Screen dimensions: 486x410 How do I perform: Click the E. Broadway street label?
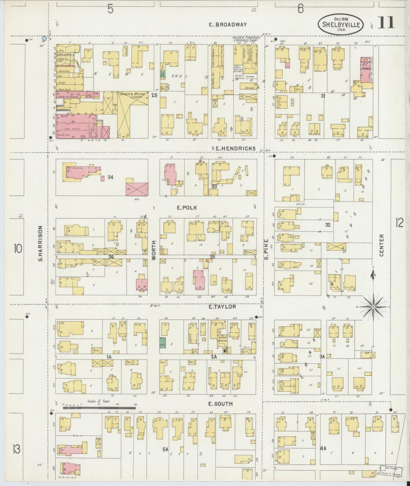[x=228, y=25]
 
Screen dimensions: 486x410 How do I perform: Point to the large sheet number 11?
[x=386, y=23]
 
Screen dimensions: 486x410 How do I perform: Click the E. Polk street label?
[x=187, y=208]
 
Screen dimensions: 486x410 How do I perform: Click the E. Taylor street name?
[x=222, y=307]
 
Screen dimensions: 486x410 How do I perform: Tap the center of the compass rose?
[x=373, y=307]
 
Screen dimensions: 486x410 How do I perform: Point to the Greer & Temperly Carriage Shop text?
[x=246, y=39]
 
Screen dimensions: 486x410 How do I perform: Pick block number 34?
[x=110, y=177]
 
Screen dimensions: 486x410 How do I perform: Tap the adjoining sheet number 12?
[x=399, y=223]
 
